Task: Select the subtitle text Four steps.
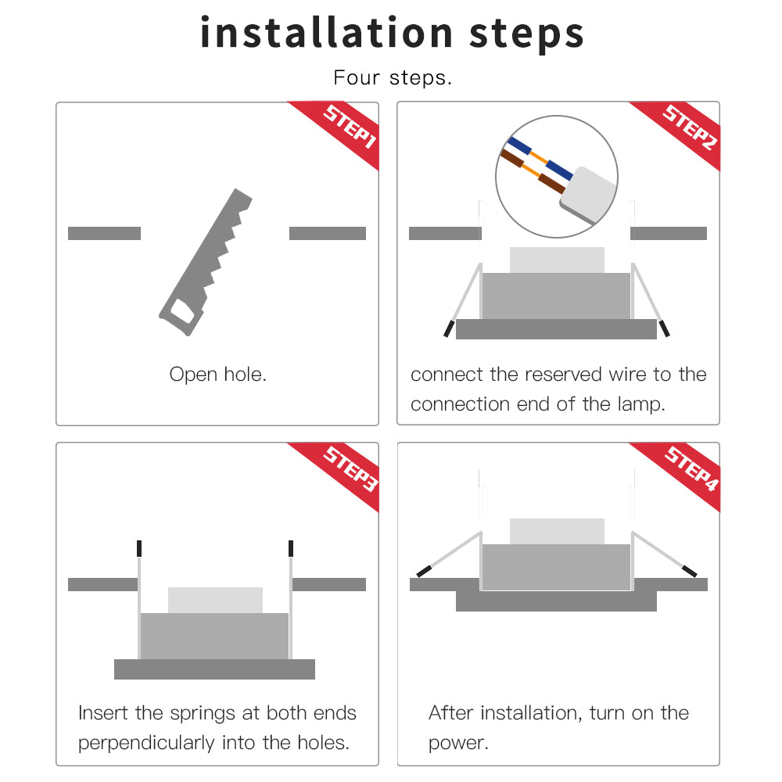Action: (392, 78)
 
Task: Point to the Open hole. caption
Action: (217, 375)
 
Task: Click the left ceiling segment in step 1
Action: (104, 233)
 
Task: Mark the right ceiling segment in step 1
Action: (327, 233)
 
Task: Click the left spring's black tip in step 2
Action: (448, 328)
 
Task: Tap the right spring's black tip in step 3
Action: (291, 547)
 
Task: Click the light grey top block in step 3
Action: (215, 600)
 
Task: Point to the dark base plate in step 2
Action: (556, 329)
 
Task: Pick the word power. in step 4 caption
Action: (458, 742)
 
